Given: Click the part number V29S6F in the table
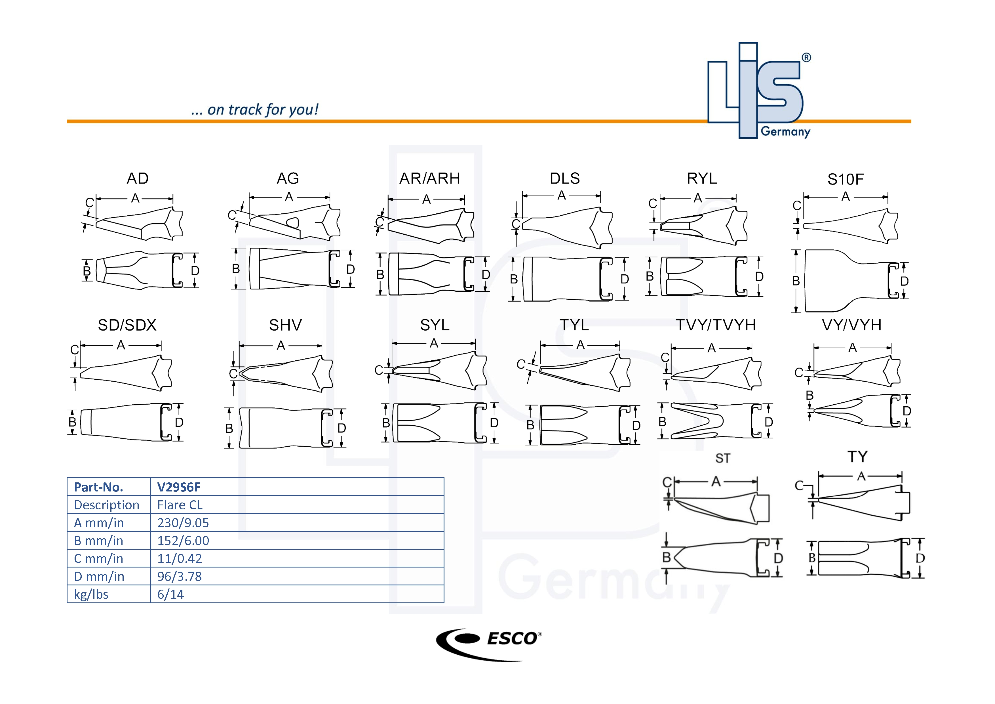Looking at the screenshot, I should click(178, 487).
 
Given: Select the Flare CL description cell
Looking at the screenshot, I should click(180, 505).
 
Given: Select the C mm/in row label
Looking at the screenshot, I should click(98, 559).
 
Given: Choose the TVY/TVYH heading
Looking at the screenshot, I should click(716, 325).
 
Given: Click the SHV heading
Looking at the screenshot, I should click(285, 325).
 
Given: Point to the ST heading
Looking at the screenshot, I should click(722, 458).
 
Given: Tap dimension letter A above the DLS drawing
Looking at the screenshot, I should click(562, 196).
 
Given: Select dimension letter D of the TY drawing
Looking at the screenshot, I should click(920, 558).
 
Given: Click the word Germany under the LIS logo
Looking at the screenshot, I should click(785, 131).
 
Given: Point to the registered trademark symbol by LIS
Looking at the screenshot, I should click(806, 58).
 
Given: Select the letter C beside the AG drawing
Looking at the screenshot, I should click(232, 215).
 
